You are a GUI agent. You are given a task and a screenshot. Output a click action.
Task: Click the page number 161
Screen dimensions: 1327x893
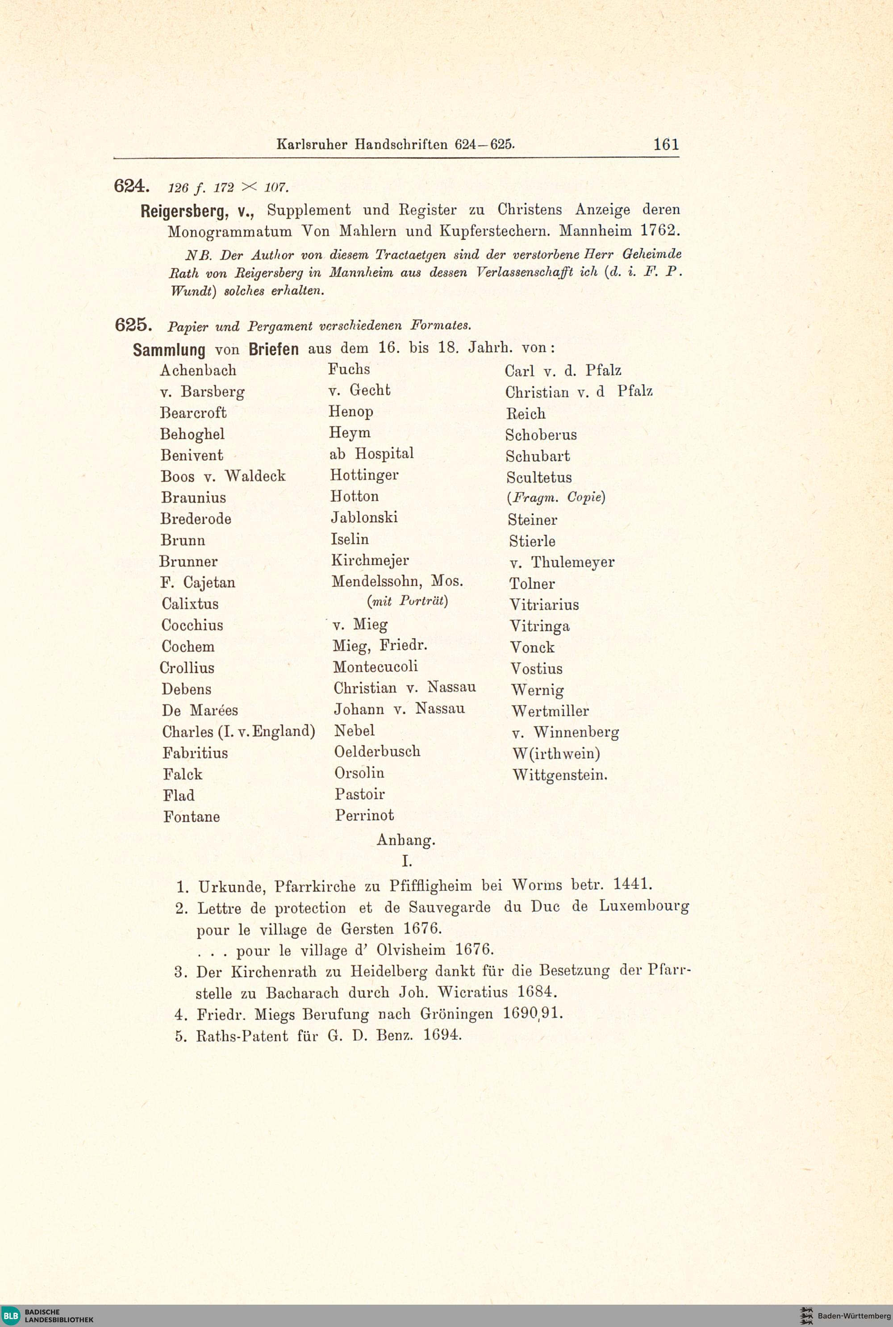(x=666, y=144)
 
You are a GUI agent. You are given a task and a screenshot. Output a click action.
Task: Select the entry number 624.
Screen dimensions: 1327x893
(x=132, y=186)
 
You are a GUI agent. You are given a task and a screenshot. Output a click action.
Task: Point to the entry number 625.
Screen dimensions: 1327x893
(x=133, y=325)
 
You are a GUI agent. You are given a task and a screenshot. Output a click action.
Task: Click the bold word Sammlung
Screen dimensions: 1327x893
(x=169, y=349)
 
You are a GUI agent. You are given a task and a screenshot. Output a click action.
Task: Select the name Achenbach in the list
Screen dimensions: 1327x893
(x=198, y=370)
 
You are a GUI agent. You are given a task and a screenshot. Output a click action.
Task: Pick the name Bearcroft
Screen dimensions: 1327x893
(x=193, y=412)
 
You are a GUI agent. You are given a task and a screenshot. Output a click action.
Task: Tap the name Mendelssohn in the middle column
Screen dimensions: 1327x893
(x=376, y=581)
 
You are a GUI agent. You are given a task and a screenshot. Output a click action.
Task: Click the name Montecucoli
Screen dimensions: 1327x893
(x=376, y=666)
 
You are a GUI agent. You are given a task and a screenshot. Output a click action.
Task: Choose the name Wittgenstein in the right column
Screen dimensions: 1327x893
(x=559, y=775)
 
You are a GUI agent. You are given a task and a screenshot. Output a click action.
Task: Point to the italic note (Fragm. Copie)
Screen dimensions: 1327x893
(x=556, y=497)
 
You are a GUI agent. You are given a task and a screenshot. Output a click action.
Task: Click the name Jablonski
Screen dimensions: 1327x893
(x=364, y=517)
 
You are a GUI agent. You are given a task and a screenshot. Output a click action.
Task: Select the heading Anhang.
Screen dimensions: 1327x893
(x=405, y=839)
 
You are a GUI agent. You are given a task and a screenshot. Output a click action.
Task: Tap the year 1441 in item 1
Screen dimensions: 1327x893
(x=632, y=885)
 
